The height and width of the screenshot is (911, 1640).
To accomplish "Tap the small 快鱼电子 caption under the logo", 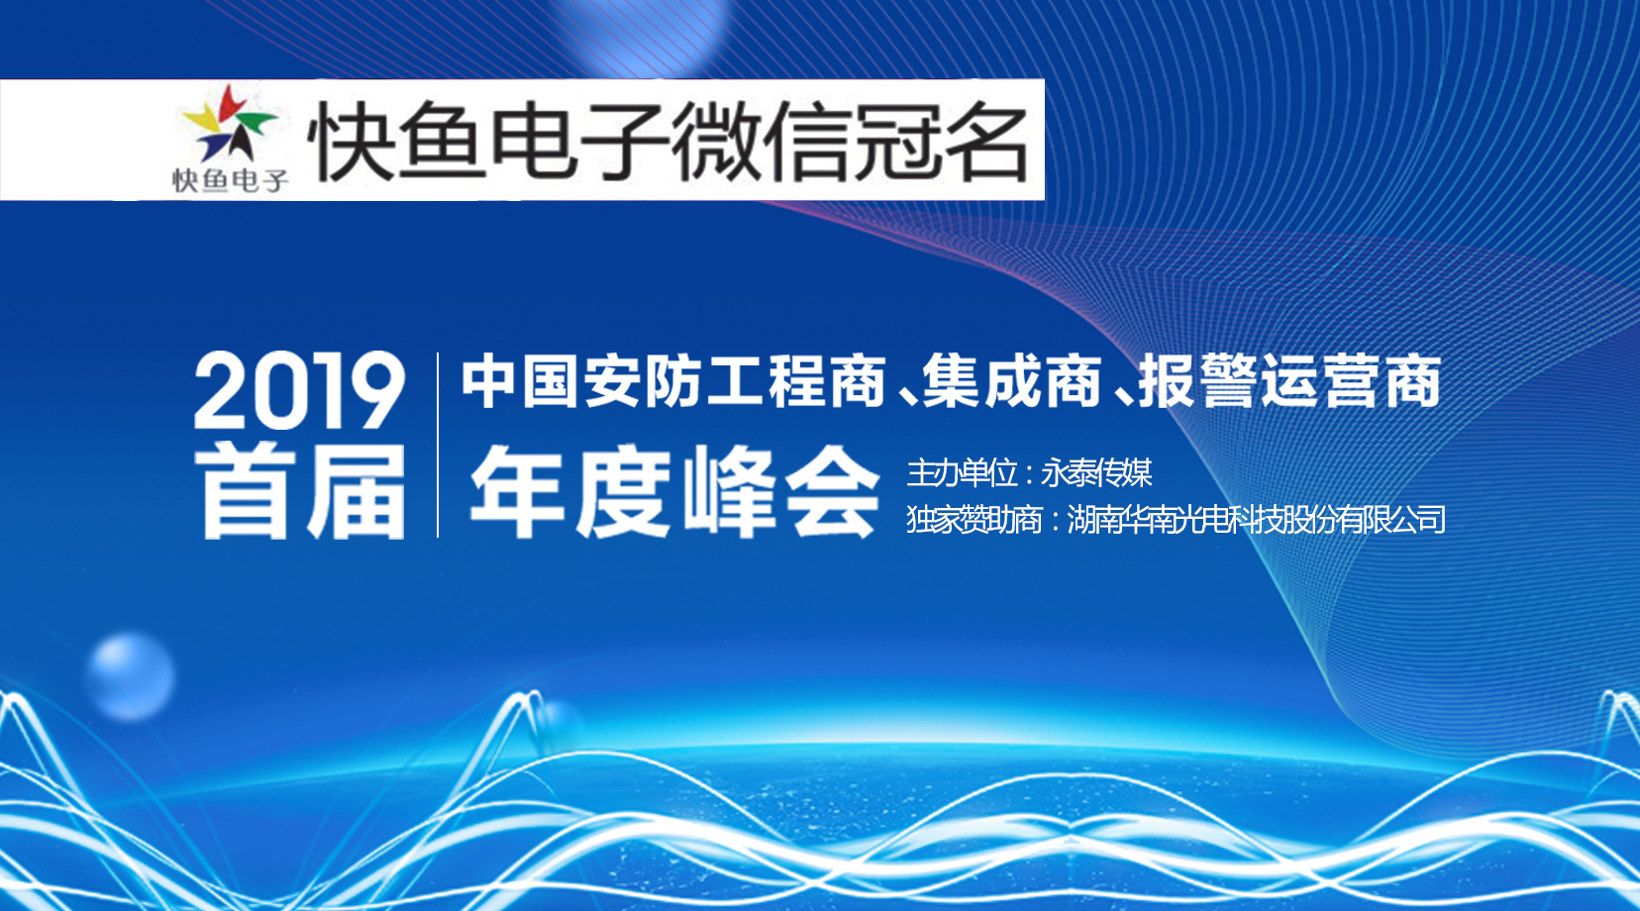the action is pyautogui.click(x=230, y=180).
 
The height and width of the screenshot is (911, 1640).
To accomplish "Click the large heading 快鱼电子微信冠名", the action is pyautogui.click(x=668, y=141).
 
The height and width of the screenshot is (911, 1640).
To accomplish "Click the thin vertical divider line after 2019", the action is pyautogui.click(x=438, y=445).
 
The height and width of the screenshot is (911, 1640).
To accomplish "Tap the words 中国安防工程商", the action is pyautogui.click(x=673, y=381).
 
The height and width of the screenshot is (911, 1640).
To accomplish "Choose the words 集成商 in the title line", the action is pyautogui.click(x=1012, y=381).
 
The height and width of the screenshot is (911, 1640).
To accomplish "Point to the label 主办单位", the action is pyautogui.click(x=962, y=473).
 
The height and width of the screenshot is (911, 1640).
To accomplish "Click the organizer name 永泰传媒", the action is pyautogui.click(x=1096, y=473).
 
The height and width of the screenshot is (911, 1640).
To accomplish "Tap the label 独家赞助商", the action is pyautogui.click(x=974, y=520).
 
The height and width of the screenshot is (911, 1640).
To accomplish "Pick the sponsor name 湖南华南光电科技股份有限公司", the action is pyautogui.click(x=1256, y=520).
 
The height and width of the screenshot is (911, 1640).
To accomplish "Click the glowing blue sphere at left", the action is pyautogui.click(x=131, y=676).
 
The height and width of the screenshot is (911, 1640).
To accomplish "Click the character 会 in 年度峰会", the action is pyautogui.click(x=832, y=492).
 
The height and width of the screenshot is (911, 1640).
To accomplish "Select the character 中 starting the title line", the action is pyautogui.click(x=487, y=381).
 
